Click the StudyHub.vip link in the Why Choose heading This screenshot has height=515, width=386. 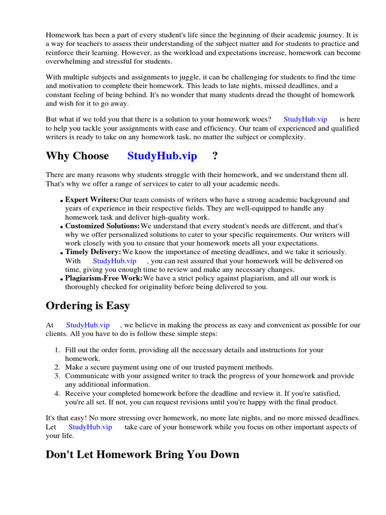click(162, 156)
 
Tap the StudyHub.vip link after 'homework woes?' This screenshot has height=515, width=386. click(305, 119)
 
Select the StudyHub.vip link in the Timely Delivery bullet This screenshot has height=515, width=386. click(115, 261)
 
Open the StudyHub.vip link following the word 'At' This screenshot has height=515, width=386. click(87, 325)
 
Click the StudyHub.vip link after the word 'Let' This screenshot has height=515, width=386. click(90, 427)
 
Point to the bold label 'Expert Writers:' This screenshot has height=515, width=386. click(92, 200)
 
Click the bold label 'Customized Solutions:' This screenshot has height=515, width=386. click(103, 226)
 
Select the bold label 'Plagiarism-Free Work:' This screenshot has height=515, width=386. click(104, 278)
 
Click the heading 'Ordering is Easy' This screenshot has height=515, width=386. click(87, 306)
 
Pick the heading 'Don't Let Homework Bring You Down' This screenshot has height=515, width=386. click(142, 455)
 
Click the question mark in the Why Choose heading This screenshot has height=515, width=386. click(215, 156)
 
